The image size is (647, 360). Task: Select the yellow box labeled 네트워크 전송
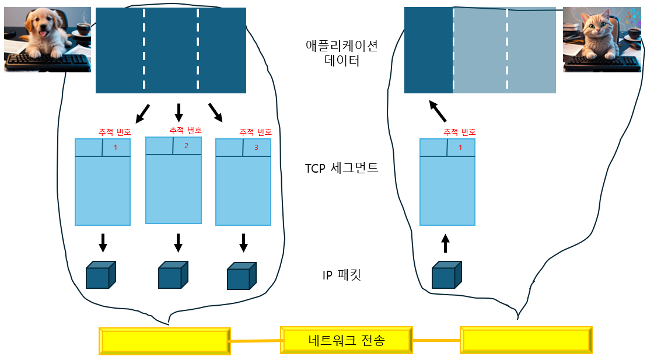coord(346,340)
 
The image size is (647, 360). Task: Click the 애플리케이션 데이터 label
coord(341,53)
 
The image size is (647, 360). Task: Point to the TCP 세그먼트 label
coord(341,169)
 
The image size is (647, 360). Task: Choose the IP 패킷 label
coord(341,275)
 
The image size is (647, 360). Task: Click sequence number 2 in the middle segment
coord(186,146)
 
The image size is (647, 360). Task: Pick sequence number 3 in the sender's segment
coord(256,148)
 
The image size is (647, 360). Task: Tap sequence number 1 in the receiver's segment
coord(460,148)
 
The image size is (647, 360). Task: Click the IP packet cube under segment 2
coord(173,275)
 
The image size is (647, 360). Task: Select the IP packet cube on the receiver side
coord(446,275)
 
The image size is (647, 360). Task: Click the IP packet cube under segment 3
coord(242,276)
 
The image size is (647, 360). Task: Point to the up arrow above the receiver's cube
coord(446,243)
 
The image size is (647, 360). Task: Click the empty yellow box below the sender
coord(164,341)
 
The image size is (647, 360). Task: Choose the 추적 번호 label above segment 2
coord(186,130)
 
